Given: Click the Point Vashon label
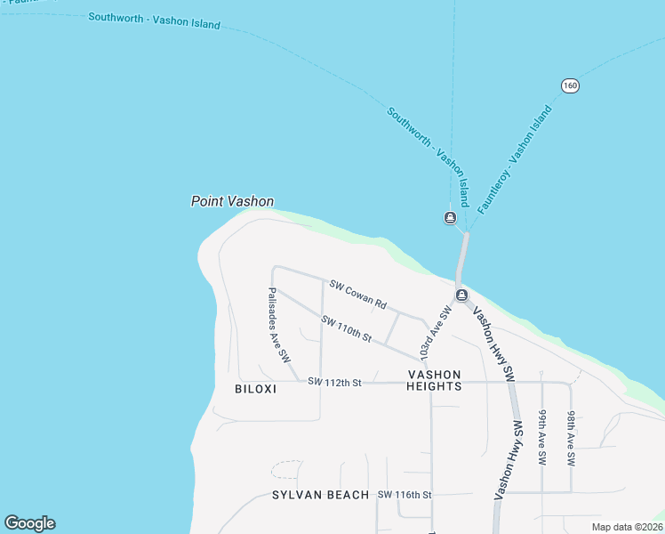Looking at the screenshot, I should click(x=232, y=201).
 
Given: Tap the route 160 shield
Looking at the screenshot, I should click(x=570, y=85).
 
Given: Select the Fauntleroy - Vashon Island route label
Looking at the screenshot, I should click(x=515, y=160).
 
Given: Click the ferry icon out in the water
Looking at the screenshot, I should click(x=451, y=218).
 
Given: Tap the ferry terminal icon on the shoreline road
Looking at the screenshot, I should click(x=461, y=295).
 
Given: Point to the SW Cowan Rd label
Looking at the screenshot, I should click(x=357, y=295).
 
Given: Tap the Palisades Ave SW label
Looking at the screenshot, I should click(x=279, y=324).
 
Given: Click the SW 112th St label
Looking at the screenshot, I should click(x=334, y=382).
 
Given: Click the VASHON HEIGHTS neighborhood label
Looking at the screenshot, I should click(x=434, y=381).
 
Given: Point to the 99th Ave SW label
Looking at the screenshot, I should click(x=541, y=439).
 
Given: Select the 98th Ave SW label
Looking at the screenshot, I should click(x=572, y=439).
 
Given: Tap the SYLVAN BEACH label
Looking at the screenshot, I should click(x=321, y=495).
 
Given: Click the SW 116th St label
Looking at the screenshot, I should click(x=405, y=495).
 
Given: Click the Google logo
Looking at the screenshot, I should click(x=29, y=523).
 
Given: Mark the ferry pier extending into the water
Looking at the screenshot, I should click(x=461, y=258).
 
